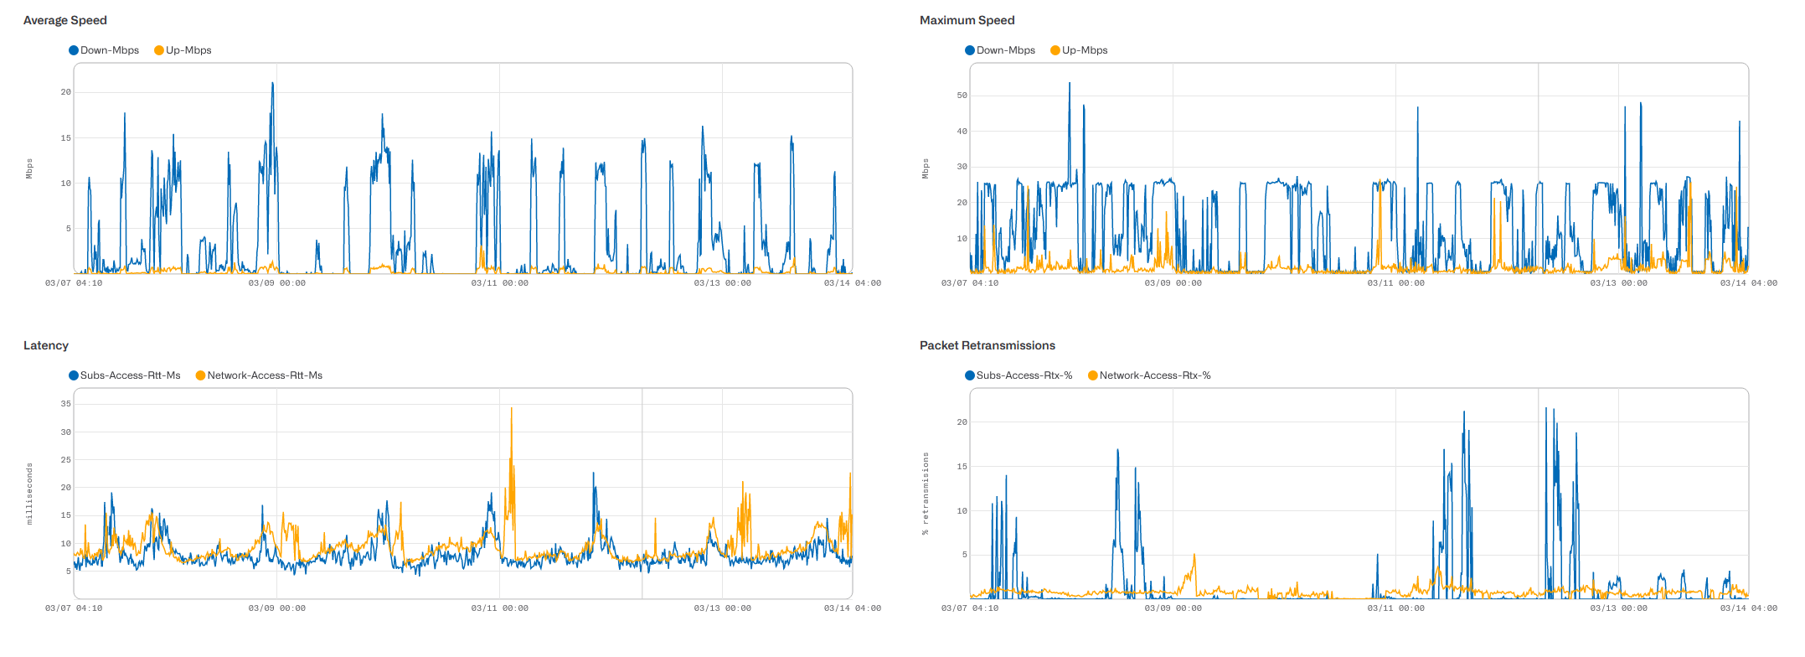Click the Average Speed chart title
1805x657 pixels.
(64, 20)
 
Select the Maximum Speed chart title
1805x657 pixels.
(967, 20)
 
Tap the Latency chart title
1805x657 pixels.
(45, 345)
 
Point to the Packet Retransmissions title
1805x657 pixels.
(987, 345)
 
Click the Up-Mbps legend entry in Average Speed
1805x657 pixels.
(183, 50)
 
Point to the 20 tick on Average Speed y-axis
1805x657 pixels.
(66, 92)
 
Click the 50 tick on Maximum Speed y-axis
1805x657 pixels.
(962, 96)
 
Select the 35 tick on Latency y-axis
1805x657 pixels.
(66, 404)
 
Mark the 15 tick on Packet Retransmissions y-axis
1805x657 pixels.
(962, 467)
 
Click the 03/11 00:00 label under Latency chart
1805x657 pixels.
(499, 608)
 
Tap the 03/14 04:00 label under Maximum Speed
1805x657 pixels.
(1748, 283)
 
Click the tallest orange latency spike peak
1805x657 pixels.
(511, 409)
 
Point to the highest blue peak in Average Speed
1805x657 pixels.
(272, 83)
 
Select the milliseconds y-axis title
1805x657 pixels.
(29, 494)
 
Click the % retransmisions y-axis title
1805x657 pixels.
(926, 494)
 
